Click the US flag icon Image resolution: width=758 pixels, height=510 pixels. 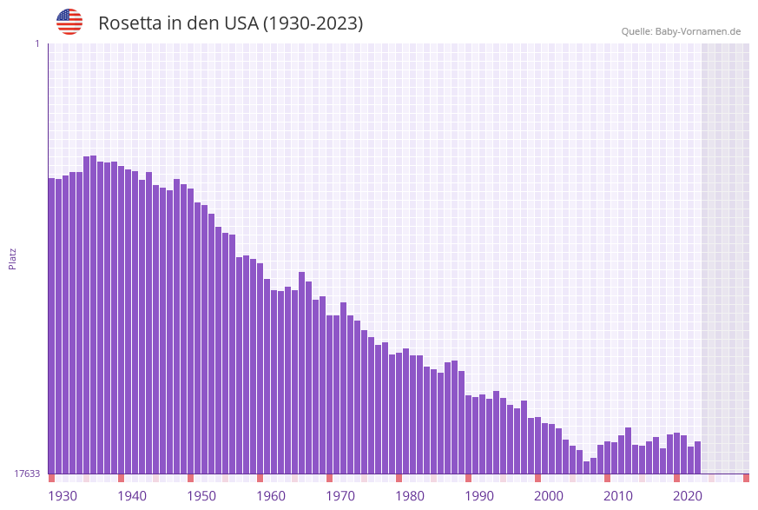coord(69,22)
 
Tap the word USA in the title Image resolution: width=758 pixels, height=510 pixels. coord(240,23)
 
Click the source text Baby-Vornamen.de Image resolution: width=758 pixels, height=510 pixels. coord(698,31)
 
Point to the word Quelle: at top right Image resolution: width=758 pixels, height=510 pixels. coord(636,31)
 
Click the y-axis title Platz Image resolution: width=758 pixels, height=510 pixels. coord(13,258)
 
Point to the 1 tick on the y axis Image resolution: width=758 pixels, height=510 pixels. coord(36,43)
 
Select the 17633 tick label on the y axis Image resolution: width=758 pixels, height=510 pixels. coord(27,474)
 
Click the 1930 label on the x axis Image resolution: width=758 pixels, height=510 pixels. coord(63,496)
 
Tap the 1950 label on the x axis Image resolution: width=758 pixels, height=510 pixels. coord(201,496)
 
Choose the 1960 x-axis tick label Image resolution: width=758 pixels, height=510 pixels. coord(271,496)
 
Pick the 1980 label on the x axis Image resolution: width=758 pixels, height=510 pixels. coord(410,496)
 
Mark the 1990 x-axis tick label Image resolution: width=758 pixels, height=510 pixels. coord(479,496)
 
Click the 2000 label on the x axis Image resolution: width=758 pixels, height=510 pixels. coord(549,496)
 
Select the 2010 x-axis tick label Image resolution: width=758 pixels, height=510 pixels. coord(618,496)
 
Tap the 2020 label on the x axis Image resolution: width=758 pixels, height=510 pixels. coord(688,496)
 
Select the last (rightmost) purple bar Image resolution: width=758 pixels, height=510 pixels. coord(697,458)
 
